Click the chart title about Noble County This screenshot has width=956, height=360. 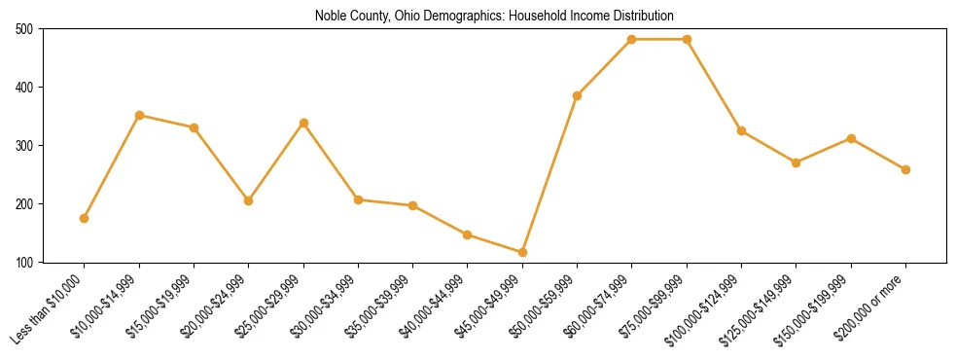coord(494,17)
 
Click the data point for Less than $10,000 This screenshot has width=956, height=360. coord(85,218)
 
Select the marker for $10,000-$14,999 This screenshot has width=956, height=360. coord(139,115)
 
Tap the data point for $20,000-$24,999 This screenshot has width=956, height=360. coord(249,200)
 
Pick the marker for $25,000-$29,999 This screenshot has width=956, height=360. coord(303,123)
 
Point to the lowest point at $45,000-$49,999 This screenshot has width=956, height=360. coord(523,252)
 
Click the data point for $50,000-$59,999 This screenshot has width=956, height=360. coord(578,95)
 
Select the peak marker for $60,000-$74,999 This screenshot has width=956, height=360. coord(632,39)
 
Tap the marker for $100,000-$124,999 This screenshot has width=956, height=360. coord(742,130)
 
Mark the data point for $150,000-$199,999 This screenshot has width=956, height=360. coord(852,138)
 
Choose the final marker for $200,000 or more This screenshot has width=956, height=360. coord(906,169)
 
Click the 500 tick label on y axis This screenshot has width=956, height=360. coord(22,29)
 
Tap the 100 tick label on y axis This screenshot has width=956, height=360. coord(22,263)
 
